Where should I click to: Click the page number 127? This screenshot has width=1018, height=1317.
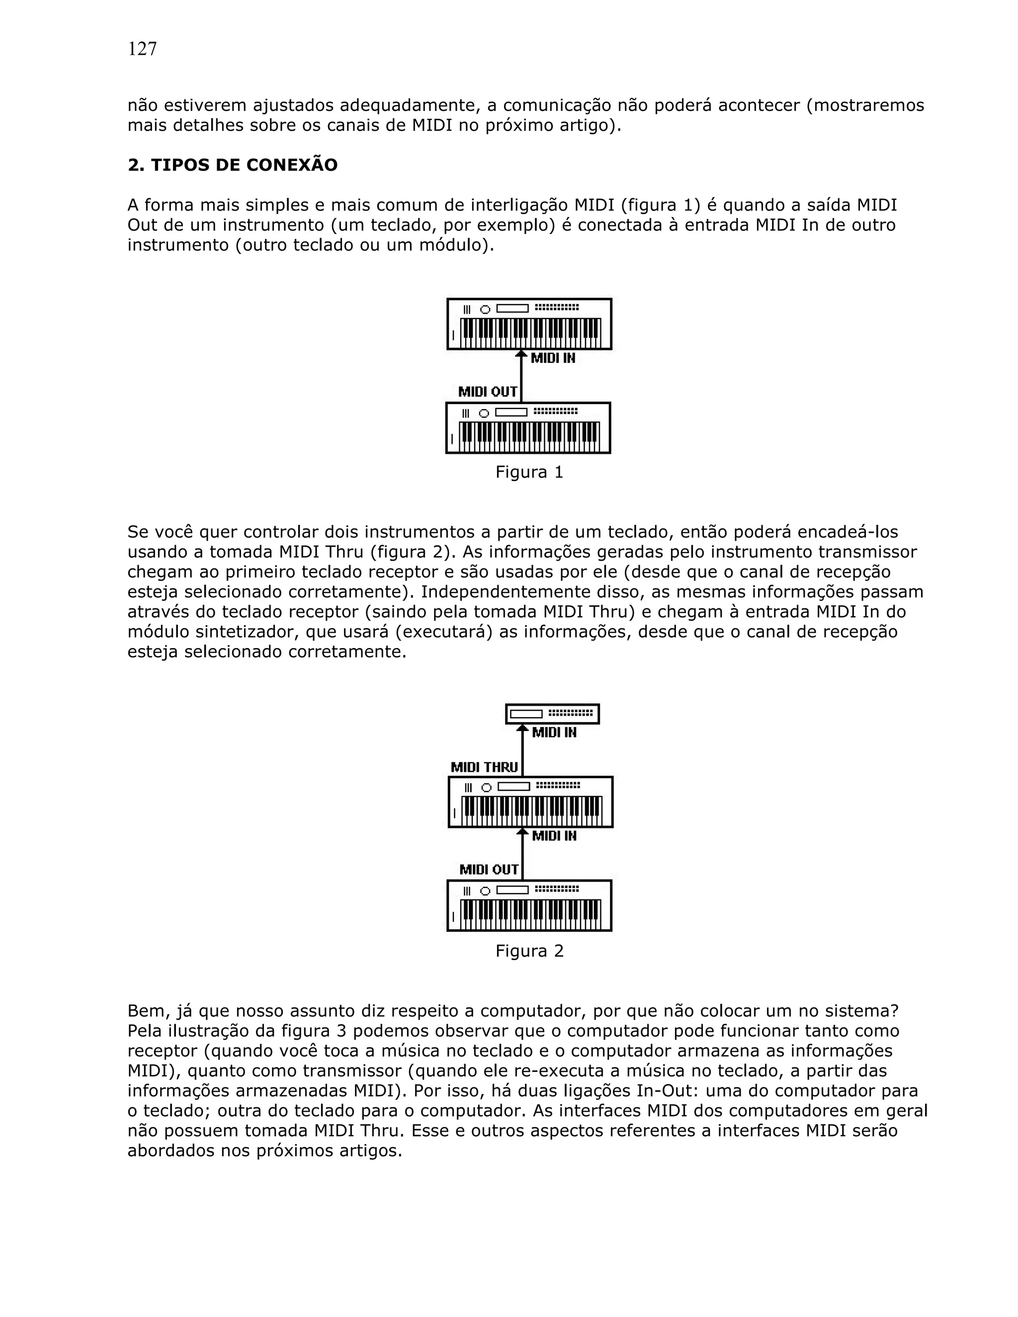[142, 49]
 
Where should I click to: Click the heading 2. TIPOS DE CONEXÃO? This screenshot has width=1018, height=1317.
[232, 165]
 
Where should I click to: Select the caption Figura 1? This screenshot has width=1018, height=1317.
[529, 472]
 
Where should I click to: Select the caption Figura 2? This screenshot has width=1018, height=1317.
[529, 951]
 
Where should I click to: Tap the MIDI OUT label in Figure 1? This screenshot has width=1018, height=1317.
[487, 392]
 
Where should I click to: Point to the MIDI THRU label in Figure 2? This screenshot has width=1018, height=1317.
[484, 767]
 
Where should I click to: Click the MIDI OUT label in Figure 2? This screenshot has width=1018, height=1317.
[489, 870]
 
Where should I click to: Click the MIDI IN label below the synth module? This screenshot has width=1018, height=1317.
[554, 733]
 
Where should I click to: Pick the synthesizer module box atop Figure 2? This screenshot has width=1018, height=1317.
[552, 714]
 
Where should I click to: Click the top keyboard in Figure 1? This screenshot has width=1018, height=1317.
[529, 325]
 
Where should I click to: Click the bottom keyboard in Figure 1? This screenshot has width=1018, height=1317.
[528, 428]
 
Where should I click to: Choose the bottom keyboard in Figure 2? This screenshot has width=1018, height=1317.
[529, 905]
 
